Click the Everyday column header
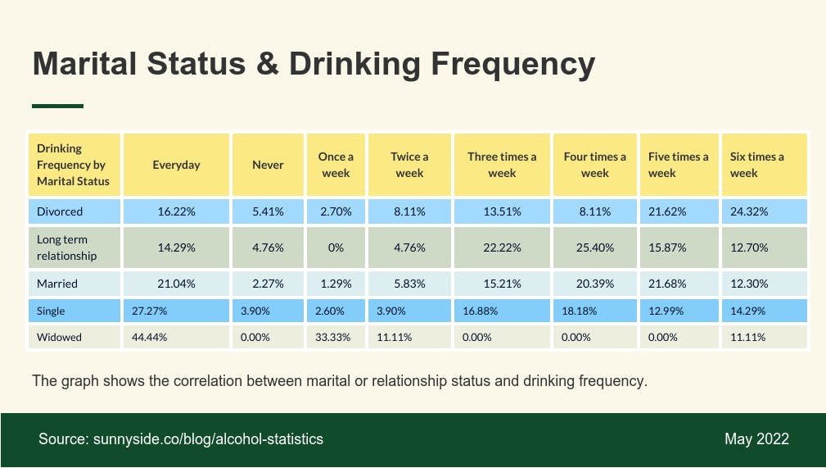pos(176,165)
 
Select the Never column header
pos(268,165)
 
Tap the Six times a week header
pos(756,165)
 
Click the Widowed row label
pos(59,337)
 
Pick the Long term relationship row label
pos(66,248)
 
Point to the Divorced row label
pos(60,211)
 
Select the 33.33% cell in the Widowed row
pos(336,337)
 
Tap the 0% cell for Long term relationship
pos(336,248)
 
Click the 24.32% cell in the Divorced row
pos(748,211)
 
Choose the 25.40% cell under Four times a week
pos(594,248)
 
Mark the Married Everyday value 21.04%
pos(176,284)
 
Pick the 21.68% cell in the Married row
pos(679,284)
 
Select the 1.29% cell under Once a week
pos(336,284)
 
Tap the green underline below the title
pos(57,106)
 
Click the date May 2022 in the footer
pos(756,439)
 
